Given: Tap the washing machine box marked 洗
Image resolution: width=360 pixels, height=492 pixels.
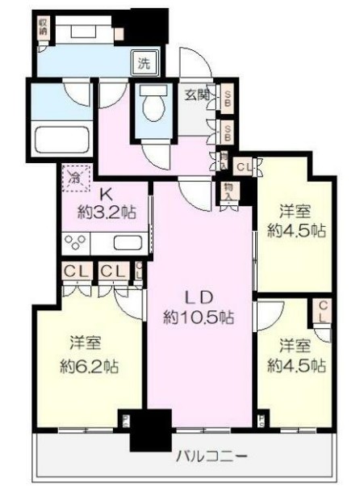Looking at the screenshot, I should pyautogui.click(x=143, y=61).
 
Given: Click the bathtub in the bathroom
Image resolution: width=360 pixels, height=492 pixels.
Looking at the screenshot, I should pyautogui.click(x=63, y=141).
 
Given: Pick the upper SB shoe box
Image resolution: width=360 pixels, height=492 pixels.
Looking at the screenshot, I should pyautogui.click(x=228, y=99).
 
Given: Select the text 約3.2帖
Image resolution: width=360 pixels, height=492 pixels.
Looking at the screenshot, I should pyautogui.click(x=105, y=213).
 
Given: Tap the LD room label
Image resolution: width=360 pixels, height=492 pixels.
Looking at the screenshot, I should pyautogui.click(x=201, y=296).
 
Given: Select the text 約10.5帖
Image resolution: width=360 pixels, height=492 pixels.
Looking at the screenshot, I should pyautogui.click(x=201, y=317).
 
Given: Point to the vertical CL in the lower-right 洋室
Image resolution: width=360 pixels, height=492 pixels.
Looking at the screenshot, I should pyautogui.click(x=322, y=311).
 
